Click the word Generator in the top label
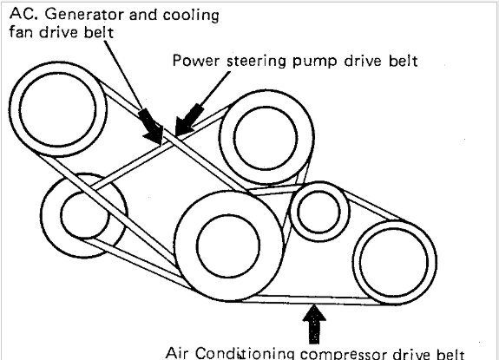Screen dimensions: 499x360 85,14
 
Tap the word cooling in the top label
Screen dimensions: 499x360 191,16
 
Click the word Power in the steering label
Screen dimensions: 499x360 196,61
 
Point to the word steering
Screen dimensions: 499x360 257,62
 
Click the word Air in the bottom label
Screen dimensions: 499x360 177,353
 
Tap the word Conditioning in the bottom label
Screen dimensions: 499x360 245,353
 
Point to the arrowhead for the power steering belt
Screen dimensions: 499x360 189,120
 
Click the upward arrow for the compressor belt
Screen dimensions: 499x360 314,324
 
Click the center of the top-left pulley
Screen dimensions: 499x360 57,109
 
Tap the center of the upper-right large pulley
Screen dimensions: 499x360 266,138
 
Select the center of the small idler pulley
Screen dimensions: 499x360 319,212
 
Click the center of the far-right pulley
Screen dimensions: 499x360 395,262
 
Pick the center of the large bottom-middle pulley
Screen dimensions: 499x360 229,245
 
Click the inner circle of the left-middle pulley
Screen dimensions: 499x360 85,215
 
